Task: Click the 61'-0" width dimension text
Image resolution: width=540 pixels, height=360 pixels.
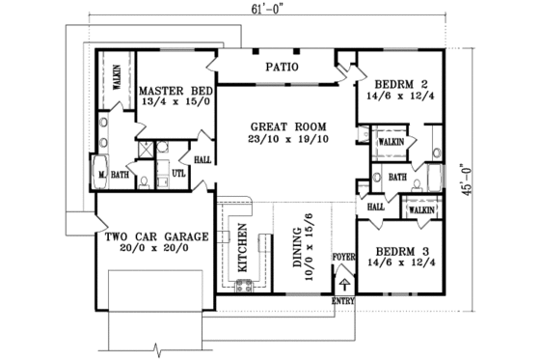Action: [261, 9]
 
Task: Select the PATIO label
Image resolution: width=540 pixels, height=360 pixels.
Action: [282, 68]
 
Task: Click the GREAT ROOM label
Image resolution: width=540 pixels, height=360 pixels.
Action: [287, 126]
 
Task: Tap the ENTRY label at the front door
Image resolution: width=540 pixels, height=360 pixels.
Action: [342, 301]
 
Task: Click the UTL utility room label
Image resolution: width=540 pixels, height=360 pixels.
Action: [178, 174]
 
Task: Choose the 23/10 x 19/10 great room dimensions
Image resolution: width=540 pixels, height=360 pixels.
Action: [287, 140]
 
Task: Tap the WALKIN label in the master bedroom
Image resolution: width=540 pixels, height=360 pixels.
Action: [116, 77]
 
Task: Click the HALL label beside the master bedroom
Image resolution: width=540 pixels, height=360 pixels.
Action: [202, 160]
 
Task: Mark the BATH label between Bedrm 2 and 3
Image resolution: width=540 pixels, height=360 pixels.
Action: [397, 177]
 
